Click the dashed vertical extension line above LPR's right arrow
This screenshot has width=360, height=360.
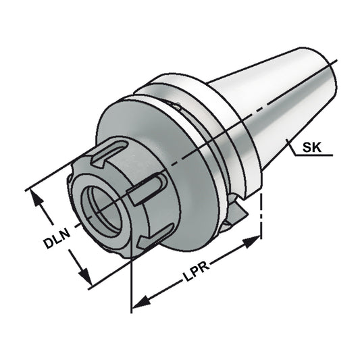pos(261,209)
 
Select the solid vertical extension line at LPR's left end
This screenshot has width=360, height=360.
pos(130,284)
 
